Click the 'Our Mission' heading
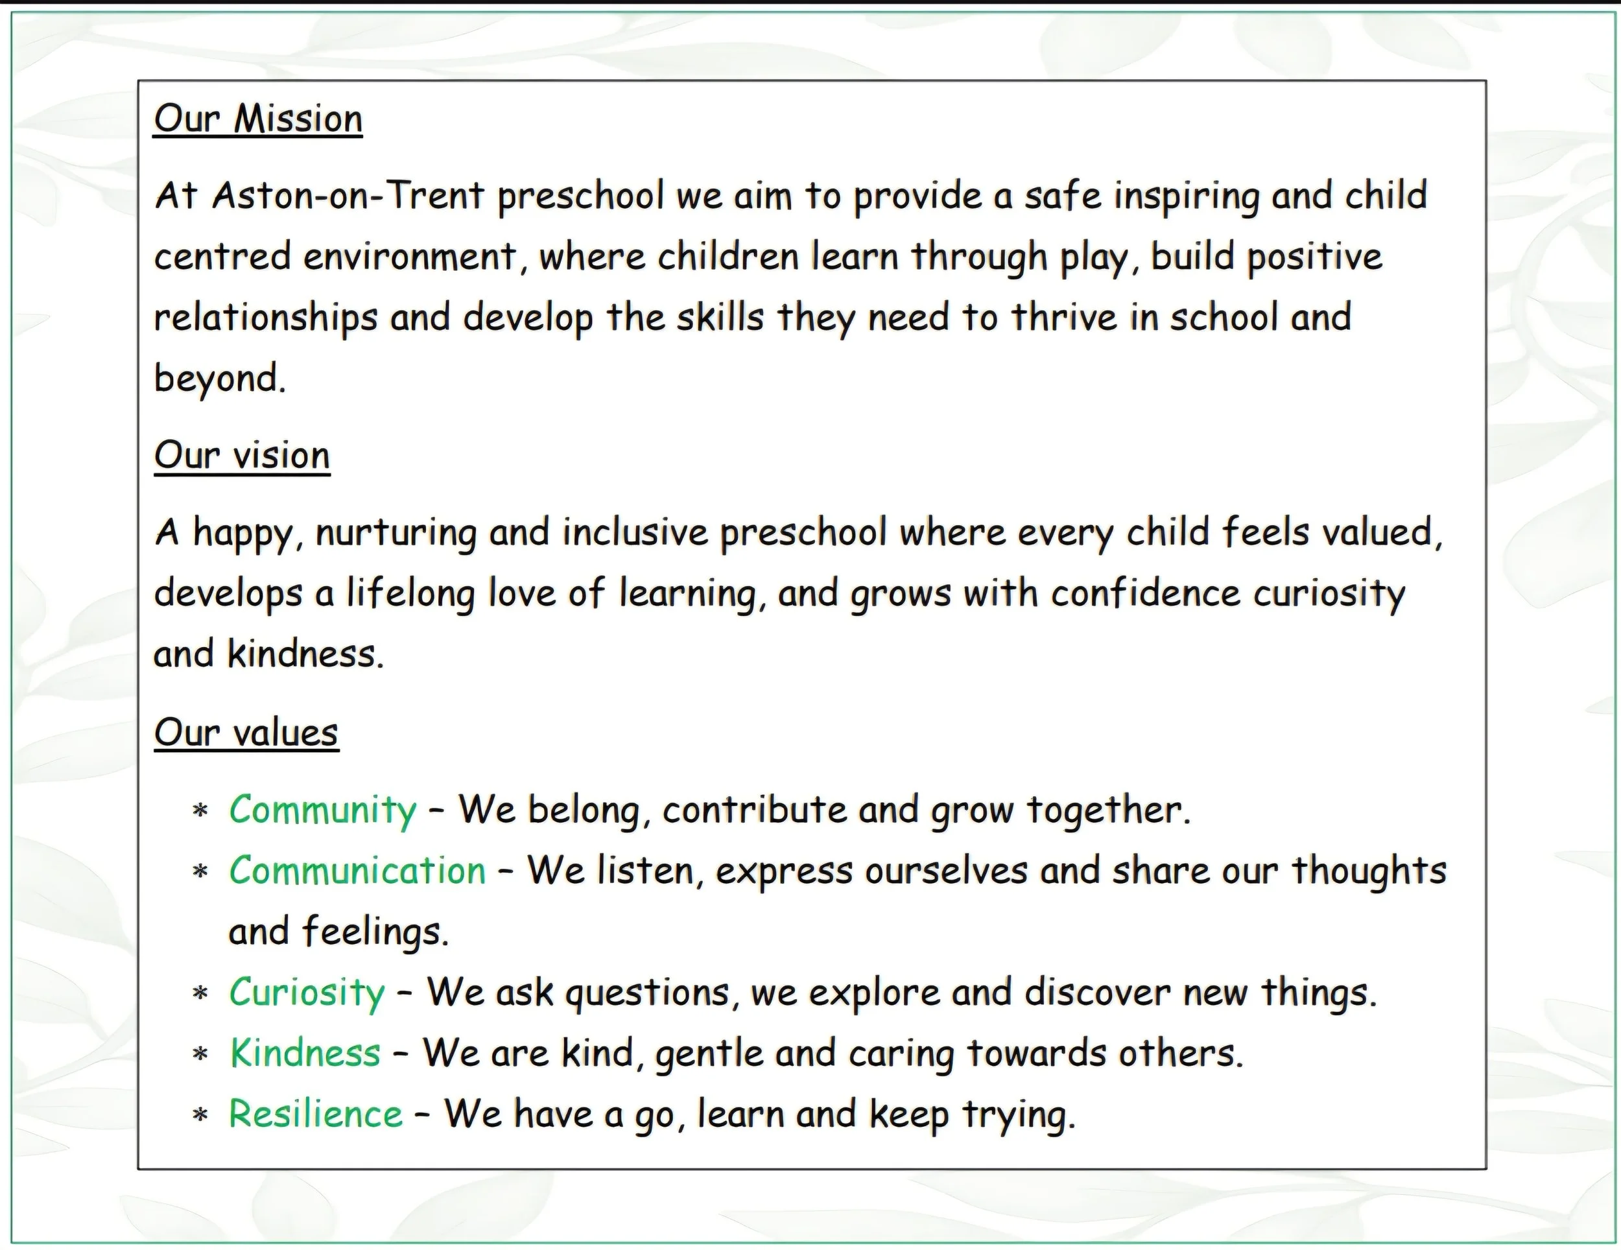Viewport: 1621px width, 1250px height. click(258, 119)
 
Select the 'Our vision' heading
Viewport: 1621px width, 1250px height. click(242, 455)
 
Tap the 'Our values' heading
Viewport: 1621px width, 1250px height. click(246, 733)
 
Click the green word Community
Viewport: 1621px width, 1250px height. click(323, 810)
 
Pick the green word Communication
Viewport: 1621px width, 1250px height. click(357, 870)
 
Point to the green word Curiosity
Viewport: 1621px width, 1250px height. click(307, 993)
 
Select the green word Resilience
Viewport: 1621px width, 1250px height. click(315, 1113)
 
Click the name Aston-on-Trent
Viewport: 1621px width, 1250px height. click(348, 196)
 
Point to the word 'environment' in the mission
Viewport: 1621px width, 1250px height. click(410, 257)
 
